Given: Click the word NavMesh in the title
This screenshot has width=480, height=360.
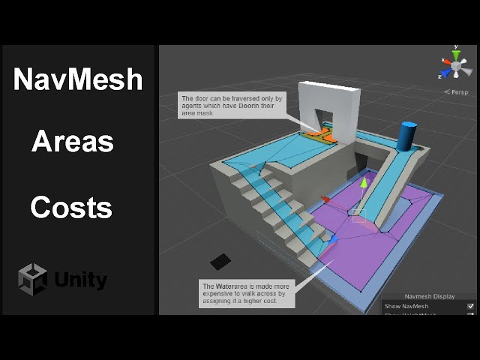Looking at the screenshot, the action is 77,79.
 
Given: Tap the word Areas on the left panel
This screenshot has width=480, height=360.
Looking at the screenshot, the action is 73,141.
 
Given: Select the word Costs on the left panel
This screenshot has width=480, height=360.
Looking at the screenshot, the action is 71,206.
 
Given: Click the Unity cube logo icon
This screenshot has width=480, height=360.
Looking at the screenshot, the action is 32,280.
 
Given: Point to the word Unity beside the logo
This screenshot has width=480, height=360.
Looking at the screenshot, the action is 80,280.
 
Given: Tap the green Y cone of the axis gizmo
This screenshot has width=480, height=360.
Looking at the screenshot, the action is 455,55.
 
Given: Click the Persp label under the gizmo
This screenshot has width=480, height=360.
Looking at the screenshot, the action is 457,91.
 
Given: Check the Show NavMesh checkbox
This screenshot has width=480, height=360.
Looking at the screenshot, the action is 470,306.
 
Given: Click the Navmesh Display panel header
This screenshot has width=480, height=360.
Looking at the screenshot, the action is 429,296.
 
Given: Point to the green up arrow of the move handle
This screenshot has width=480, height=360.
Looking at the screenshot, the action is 364,183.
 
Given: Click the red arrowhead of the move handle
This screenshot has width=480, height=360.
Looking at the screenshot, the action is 325,199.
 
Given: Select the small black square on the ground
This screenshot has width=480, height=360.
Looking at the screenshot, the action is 220,262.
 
